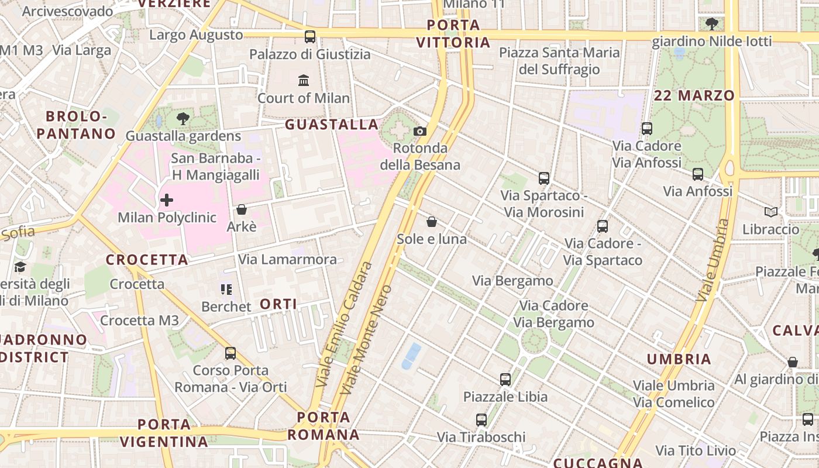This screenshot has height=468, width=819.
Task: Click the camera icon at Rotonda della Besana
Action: pos(420,131)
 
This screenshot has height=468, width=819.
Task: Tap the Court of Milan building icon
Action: pos(304,80)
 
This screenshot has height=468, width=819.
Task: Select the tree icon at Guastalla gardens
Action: pos(183,119)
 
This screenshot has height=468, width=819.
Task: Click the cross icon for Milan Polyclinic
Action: pos(167,201)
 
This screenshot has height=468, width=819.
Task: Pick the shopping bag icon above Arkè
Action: pos(242,209)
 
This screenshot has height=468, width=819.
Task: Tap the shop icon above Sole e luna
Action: pos(432,222)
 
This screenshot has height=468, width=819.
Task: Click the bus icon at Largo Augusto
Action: pos(310,37)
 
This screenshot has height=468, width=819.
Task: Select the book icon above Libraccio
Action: pos(771,212)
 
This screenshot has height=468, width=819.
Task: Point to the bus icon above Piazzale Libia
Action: pos(505,379)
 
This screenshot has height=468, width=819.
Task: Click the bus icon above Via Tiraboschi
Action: pos(481,419)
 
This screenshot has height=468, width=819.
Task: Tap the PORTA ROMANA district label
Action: pos(324,426)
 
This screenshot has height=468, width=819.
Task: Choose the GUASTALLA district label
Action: pos(332,124)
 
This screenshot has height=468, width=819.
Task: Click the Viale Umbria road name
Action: pos(713,260)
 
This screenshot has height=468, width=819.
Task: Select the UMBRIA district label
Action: pos(679,359)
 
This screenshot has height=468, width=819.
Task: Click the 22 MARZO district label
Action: pos(694,95)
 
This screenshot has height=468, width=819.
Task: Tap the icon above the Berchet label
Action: pos(226,289)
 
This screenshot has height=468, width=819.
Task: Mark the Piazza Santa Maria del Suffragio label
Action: pos(559,61)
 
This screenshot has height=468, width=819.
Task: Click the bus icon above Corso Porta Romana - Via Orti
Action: pos(230,353)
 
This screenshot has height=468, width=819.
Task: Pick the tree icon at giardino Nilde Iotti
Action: pos(712,23)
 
